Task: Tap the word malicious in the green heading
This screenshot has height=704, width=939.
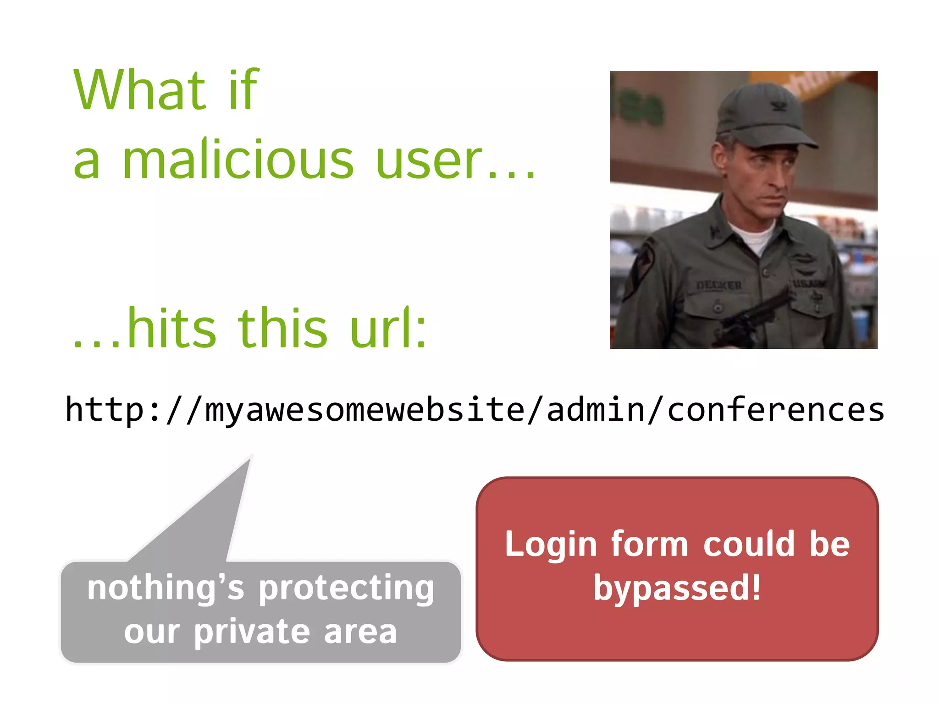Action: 238,159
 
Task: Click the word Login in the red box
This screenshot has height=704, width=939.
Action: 551,544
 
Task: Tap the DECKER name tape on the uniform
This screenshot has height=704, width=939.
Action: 718,285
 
